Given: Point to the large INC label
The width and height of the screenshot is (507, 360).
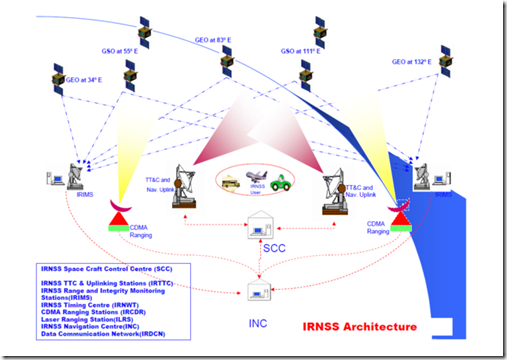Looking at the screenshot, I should [256, 324].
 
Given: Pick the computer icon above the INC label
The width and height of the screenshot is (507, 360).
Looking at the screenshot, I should [257, 292].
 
